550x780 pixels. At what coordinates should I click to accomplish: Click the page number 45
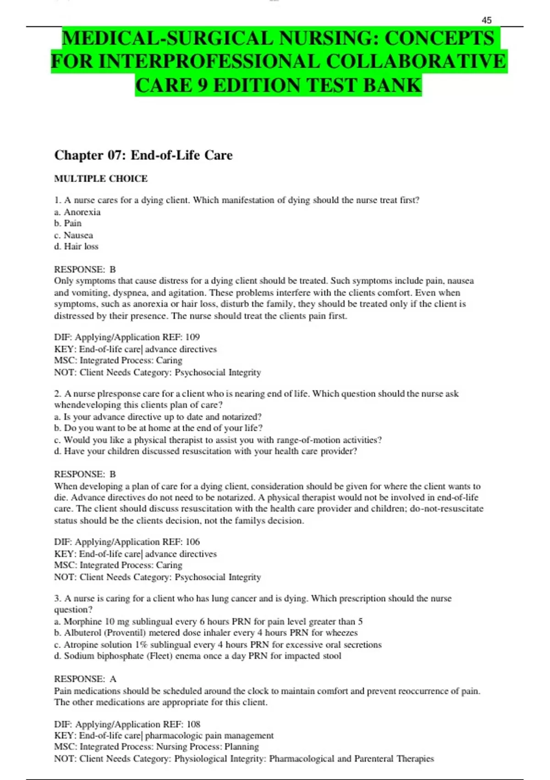(x=486, y=20)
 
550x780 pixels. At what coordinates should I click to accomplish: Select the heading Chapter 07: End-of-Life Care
(x=143, y=155)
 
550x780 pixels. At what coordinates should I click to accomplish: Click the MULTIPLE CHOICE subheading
(x=101, y=178)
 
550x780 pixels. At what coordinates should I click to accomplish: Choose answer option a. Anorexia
(x=77, y=212)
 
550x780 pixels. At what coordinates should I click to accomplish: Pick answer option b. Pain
(x=68, y=223)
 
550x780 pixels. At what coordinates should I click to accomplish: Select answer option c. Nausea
(x=73, y=235)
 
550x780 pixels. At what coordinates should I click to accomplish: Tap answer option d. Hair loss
(x=76, y=246)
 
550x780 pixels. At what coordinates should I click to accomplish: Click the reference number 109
(x=192, y=337)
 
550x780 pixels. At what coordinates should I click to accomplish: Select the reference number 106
(x=192, y=542)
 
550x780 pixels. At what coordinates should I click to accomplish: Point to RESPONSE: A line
(x=85, y=679)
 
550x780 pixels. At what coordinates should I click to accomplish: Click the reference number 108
(x=193, y=724)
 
